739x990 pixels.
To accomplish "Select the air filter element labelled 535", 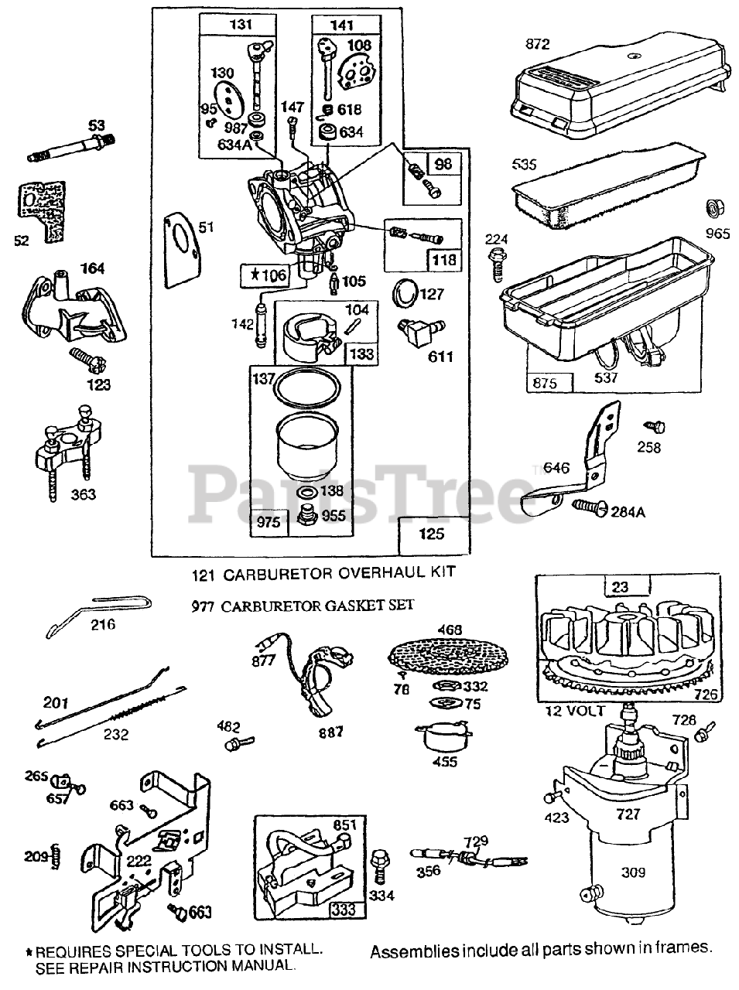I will [x=604, y=190].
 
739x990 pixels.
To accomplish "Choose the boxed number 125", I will [x=432, y=534].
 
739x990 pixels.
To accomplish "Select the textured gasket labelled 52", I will [x=40, y=205].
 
